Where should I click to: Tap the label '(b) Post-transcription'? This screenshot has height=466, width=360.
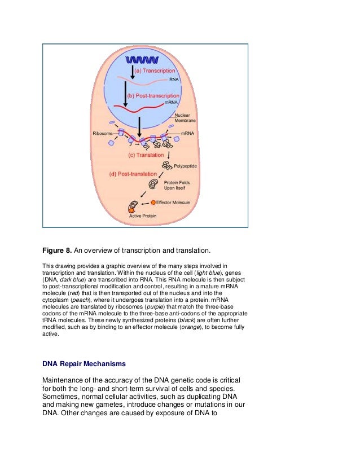pyautogui.click(x=156, y=96)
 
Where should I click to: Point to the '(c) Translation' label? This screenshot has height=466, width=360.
pyautogui.click(x=146, y=155)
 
